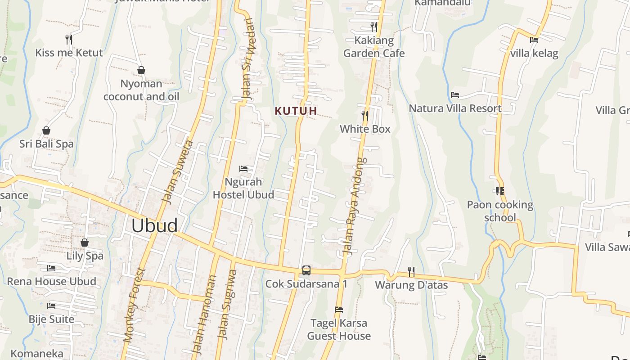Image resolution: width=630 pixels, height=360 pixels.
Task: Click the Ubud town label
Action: click(154, 225)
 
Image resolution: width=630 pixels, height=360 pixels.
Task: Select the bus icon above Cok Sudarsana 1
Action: click(306, 270)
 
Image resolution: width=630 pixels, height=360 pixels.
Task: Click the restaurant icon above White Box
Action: click(364, 116)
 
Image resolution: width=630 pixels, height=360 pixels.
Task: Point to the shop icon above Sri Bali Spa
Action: click(46, 131)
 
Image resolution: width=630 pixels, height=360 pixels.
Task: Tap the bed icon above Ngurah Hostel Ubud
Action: click(243, 169)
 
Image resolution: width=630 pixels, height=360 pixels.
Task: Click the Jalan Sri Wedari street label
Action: click(247, 58)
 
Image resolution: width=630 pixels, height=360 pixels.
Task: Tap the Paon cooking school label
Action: click(500, 211)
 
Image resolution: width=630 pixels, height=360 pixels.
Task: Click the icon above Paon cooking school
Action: click(499, 191)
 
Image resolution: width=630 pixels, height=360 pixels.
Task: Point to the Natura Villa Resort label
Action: click(455, 108)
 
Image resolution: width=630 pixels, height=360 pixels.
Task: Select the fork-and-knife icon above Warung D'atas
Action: click(411, 271)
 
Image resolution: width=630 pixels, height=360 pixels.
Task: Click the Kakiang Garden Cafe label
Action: click(374, 47)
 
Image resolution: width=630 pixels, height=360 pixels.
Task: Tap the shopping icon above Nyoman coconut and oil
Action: click(141, 70)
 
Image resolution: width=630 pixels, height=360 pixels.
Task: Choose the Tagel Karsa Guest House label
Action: click(339, 329)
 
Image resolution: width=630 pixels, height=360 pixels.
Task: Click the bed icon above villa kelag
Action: click(534, 40)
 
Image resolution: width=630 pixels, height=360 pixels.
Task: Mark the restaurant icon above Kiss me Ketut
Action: click(69, 40)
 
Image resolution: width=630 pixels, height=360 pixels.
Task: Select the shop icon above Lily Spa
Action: click(85, 243)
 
